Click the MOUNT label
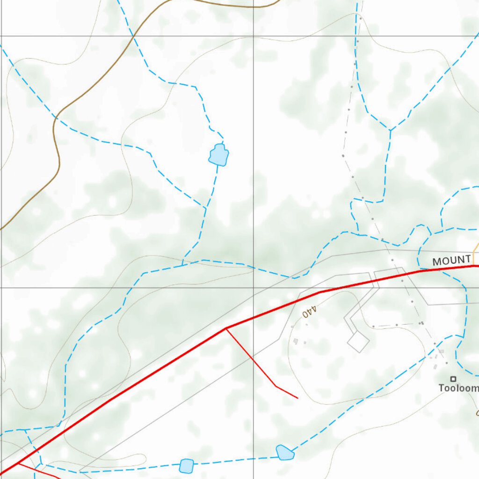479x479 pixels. point(451,261)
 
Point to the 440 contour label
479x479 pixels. point(310,312)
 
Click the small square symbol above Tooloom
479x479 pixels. point(453,379)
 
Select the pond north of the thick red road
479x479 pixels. point(218,155)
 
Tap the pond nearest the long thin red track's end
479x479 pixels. point(284,452)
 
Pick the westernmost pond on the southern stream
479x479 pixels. point(187,466)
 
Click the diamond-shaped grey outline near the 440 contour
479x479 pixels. point(358,341)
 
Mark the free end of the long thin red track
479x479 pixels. point(298,398)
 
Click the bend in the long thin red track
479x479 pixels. point(276,386)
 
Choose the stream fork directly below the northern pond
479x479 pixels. point(205,207)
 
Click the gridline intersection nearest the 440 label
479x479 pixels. point(254,287)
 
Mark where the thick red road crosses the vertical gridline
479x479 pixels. point(254,318)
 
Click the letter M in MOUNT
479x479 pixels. point(437,261)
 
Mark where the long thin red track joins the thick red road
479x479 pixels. point(226,328)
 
